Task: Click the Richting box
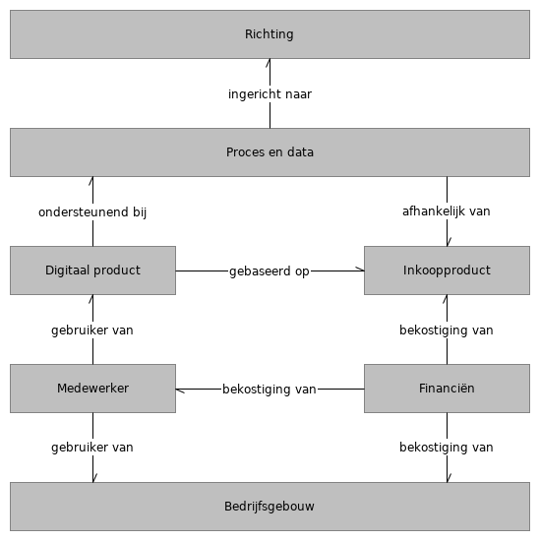pos(270,34)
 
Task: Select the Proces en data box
pos(270,152)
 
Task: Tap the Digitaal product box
pos(92,270)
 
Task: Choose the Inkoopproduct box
pos(447,270)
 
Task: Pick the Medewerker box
pos(92,389)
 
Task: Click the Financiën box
pos(447,389)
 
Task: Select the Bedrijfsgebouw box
pos(270,507)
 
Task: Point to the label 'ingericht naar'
pos(270,94)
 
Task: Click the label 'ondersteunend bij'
pos(92,211)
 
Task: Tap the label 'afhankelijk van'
pos(447,211)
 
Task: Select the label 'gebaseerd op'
pos(270,271)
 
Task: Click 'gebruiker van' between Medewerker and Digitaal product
pos(92,331)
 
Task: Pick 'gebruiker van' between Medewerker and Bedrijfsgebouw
pos(92,448)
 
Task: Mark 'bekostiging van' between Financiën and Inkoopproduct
pos(447,331)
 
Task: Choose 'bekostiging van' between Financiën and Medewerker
pos(270,390)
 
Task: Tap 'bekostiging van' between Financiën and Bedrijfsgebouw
pos(447,448)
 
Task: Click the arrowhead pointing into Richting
pos(270,63)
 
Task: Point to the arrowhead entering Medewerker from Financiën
pos(180,390)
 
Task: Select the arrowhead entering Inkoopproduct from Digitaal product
pos(360,270)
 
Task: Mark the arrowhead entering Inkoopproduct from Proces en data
pos(448,241)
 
